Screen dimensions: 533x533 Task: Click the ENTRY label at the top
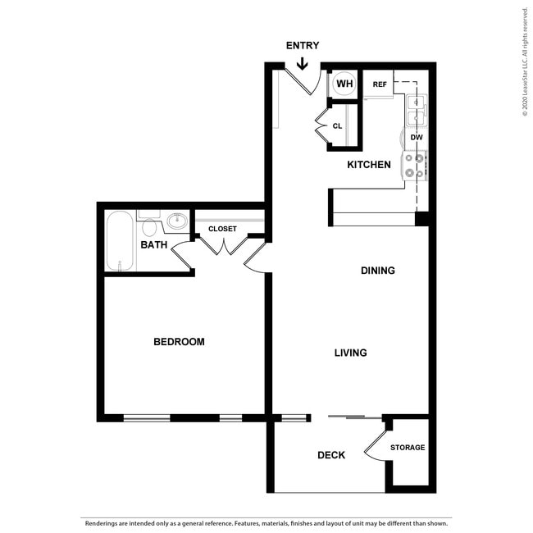click(x=303, y=46)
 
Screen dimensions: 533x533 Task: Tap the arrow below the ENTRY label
click(x=303, y=61)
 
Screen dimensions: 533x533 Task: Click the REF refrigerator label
click(x=380, y=84)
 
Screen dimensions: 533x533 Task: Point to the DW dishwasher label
click(x=417, y=138)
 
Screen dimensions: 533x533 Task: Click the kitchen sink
click(x=417, y=108)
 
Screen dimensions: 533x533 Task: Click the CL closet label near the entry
click(x=337, y=126)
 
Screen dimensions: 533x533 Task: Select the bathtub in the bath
click(x=120, y=241)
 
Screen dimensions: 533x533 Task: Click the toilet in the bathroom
click(x=149, y=226)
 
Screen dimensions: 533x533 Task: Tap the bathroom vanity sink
click(x=176, y=221)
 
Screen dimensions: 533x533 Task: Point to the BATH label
click(x=154, y=245)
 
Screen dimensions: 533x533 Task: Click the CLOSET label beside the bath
click(x=222, y=229)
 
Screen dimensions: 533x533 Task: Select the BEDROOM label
click(x=179, y=342)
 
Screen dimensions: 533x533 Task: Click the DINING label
click(x=377, y=271)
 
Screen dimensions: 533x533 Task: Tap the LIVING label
click(x=350, y=353)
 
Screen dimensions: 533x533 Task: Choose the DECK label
click(x=331, y=455)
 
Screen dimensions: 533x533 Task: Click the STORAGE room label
click(x=408, y=448)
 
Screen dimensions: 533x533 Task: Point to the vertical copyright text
click(x=525, y=61)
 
